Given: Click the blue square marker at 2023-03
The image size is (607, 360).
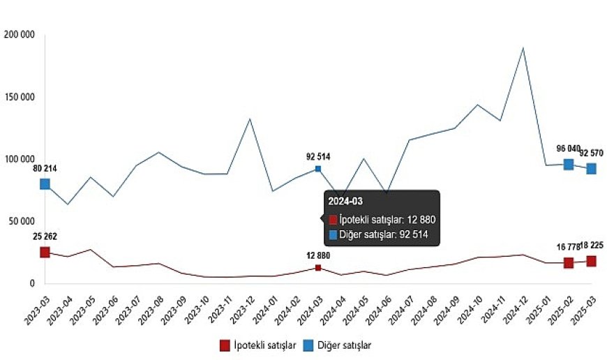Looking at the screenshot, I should (45, 183).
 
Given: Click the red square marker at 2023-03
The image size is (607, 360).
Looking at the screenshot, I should (45, 252).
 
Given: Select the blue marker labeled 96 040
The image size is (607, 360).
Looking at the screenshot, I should (569, 164).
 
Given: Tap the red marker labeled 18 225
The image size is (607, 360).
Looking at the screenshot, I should (591, 261).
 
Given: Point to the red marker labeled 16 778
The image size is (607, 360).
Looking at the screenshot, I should (569, 262).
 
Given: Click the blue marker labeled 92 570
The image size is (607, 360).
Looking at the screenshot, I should (591, 168).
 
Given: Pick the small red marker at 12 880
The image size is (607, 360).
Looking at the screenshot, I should (318, 268).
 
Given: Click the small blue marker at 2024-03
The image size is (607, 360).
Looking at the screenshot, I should (318, 169).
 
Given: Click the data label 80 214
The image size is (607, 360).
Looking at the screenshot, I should (45, 168).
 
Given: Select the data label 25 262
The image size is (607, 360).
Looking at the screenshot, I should (45, 237).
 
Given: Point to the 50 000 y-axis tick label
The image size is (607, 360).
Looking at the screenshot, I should (22, 221).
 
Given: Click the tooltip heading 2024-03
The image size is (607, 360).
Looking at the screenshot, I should (345, 202).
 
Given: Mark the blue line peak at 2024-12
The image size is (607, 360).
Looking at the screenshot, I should (523, 48).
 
